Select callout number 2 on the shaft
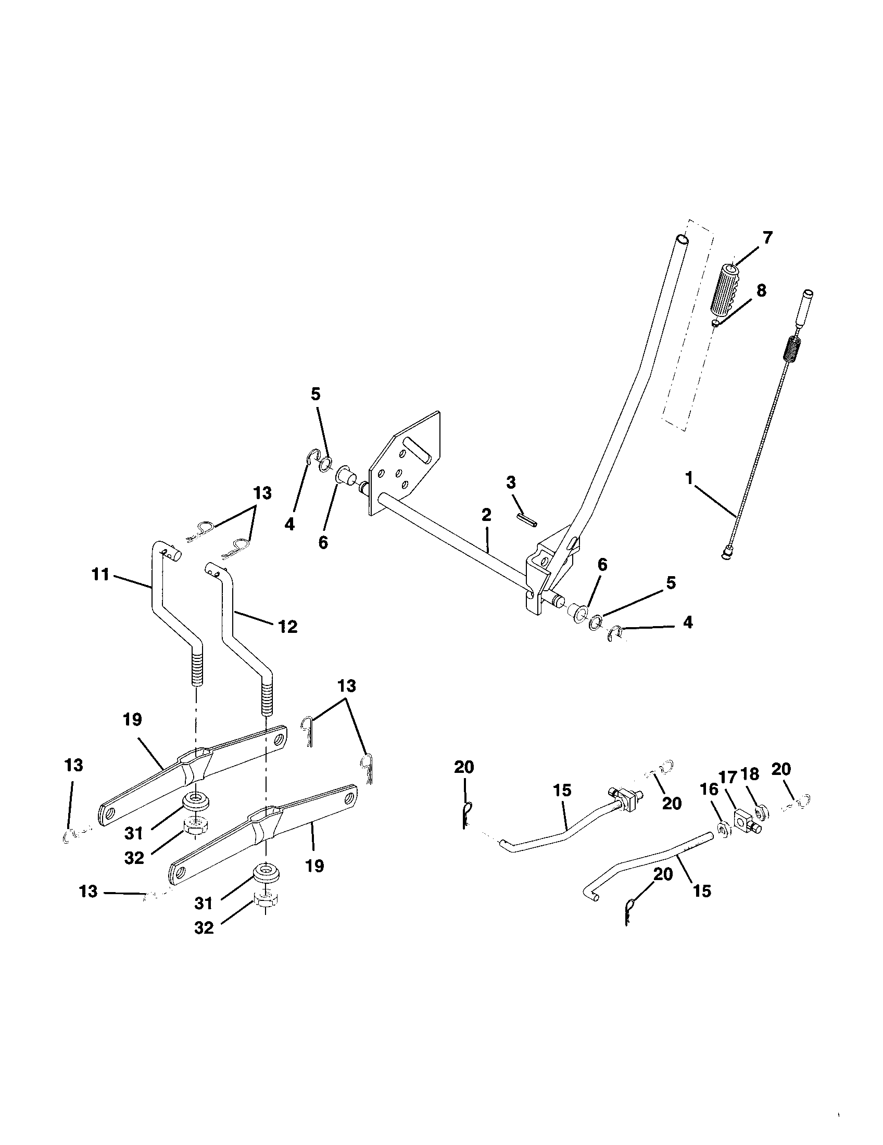(486, 515)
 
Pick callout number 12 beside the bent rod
(287, 626)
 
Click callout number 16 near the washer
(710, 790)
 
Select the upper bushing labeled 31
(196, 802)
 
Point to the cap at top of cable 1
(808, 294)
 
